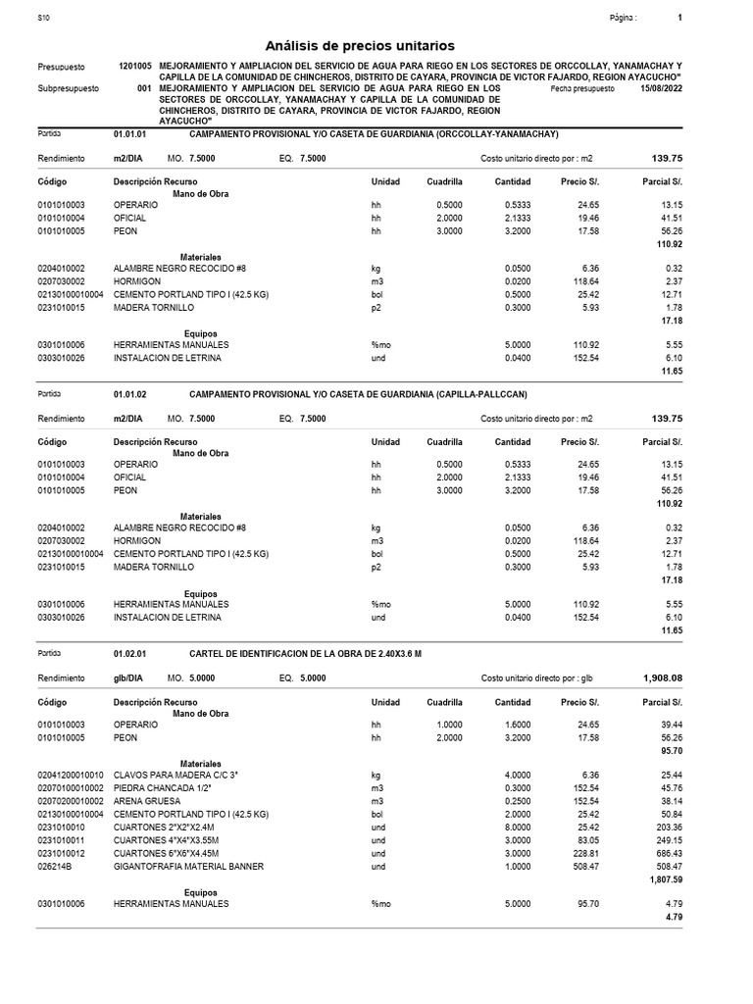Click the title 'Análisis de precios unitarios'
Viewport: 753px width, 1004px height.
point(361,46)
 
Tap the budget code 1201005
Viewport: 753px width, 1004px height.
point(134,66)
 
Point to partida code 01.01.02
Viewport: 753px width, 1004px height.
point(130,394)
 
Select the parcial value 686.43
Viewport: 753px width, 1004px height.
point(667,853)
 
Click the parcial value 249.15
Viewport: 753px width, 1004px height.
point(667,840)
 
